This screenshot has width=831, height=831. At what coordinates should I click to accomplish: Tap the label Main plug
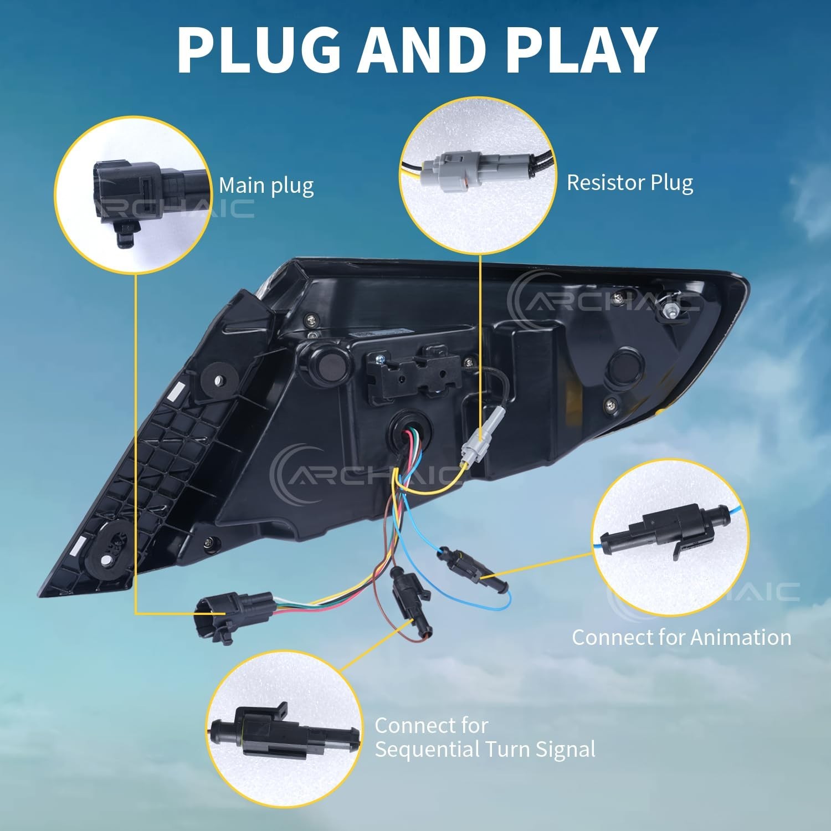[266, 186]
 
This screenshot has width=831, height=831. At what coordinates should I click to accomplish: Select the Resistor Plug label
[630, 183]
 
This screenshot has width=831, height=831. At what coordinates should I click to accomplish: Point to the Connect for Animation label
[681, 638]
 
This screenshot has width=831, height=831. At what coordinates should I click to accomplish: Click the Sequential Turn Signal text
[485, 749]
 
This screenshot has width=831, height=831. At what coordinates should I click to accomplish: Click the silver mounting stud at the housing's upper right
[669, 312]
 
